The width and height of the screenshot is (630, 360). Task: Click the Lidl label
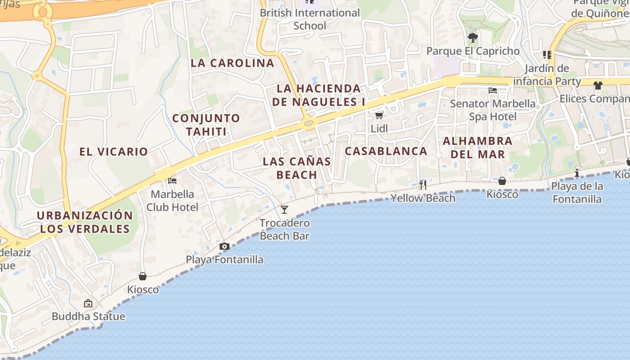(379, 129)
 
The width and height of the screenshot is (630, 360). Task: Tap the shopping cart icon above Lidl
(379, 116)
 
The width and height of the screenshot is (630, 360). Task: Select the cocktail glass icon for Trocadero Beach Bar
(284, 210)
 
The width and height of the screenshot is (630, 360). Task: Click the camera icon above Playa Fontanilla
(225, 246)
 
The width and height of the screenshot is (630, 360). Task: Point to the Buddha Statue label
(89, 316)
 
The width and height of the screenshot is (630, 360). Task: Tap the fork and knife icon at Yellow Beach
(423, 184)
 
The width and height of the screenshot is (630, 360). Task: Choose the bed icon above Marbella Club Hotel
(172, 181)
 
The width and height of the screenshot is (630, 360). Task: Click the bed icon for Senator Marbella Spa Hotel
(493, 90)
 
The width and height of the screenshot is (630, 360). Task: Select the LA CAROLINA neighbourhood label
(232, 63)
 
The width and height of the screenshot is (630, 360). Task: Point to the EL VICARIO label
(114, 152)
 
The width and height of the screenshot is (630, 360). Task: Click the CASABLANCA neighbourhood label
(386, 151)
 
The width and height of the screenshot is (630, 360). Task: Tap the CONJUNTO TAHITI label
(206, 125)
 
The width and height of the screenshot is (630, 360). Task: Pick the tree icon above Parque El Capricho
(472, 37)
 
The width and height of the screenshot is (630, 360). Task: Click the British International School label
(310, 19)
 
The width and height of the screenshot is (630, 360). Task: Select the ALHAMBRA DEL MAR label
(477, 148)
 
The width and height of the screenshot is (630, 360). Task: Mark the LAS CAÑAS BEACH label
(297, 168)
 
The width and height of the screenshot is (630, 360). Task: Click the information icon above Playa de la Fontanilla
(577, 173)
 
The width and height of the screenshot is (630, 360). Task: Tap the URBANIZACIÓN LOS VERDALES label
(85, 222)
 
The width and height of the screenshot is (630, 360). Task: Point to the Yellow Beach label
(423, 198)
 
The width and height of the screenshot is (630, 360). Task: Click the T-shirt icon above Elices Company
(598, 85)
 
